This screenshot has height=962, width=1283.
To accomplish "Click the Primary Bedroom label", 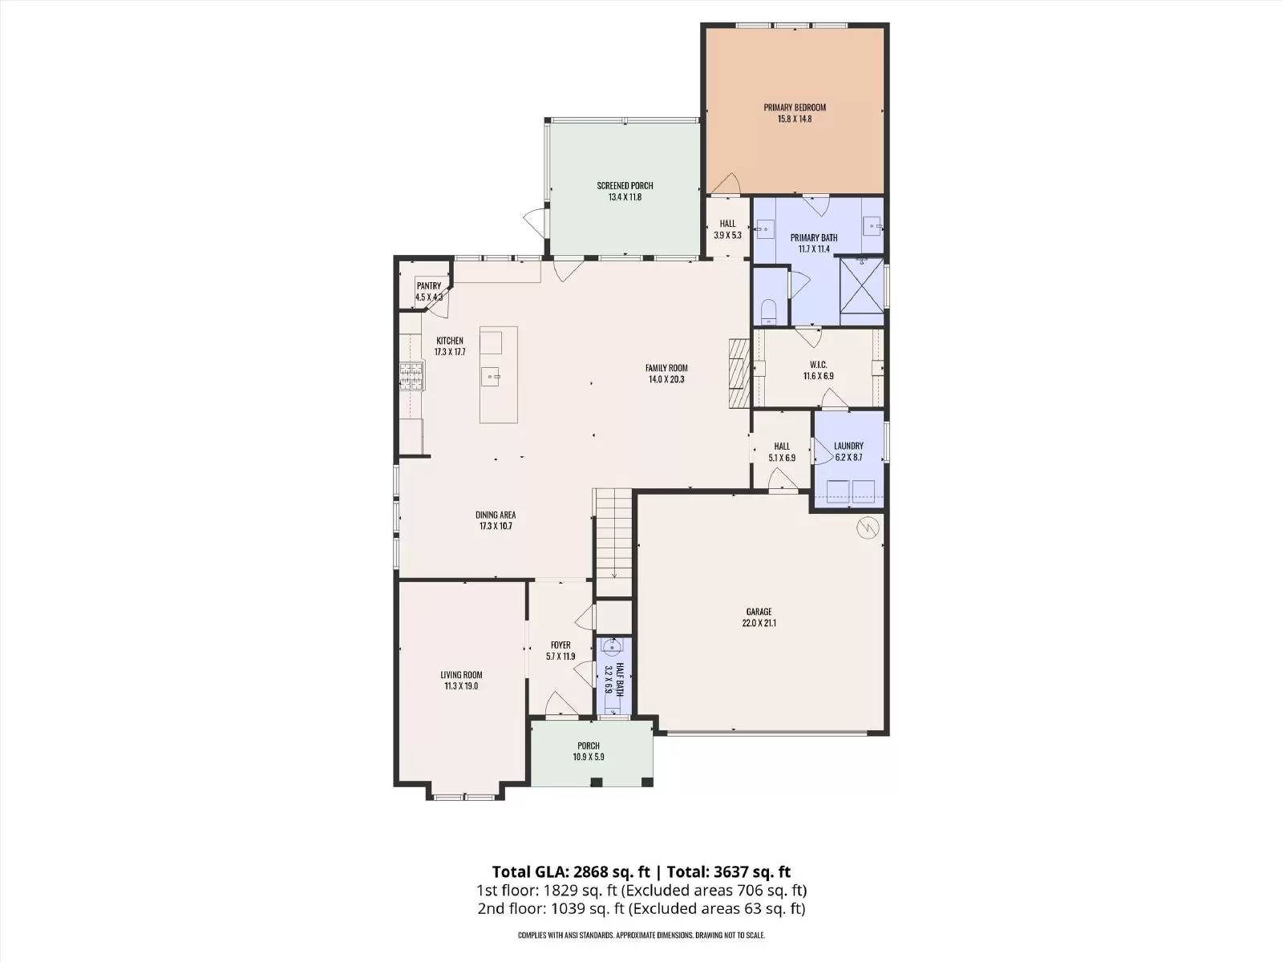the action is [x=795, y=107].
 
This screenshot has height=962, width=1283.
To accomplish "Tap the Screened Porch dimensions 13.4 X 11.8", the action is [x=625, y=197].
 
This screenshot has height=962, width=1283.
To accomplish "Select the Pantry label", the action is [x=428, y=286].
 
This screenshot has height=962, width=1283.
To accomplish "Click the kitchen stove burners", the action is [x=412, y=375].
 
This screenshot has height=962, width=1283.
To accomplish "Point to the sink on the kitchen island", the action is [x=491, y=377].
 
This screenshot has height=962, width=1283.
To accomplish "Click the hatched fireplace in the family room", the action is [x=739, y=373].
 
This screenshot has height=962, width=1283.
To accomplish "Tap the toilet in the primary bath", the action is [x=769, y=312].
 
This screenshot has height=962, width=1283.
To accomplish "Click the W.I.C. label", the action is [x=819, y=365].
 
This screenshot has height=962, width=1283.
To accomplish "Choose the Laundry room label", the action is [x=848, y=446].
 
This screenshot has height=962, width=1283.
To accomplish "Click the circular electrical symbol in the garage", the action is [x=868, y=528].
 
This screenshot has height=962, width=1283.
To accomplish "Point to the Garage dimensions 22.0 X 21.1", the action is [x=759, y=623].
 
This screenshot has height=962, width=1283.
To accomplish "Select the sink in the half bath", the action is [x=613, y=645].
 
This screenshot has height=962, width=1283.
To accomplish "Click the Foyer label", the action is [x=561, y=645].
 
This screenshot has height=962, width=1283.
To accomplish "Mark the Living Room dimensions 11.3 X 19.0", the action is [x=461, y=685].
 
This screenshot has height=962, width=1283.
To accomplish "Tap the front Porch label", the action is [x=589, y=746].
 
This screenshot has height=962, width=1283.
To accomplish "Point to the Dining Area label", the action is [x=496, y=515].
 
